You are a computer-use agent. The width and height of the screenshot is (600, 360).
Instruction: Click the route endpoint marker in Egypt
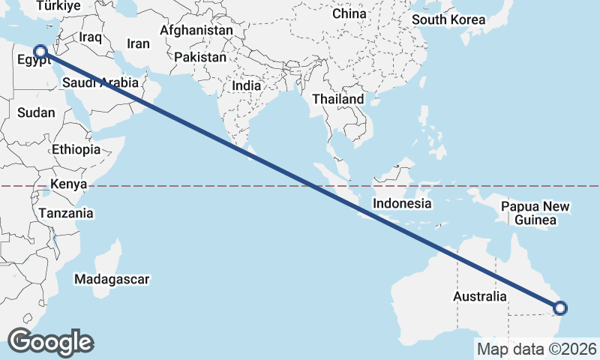[40, 52]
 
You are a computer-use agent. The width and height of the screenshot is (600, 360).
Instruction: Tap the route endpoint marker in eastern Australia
[560, 307]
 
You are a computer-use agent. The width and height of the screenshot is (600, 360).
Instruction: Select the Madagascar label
[112, 279]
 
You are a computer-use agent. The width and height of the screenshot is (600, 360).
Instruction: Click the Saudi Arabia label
[100, 82]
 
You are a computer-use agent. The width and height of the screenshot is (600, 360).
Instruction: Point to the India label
[247, 85]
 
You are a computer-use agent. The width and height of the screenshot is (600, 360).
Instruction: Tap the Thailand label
[338, 99]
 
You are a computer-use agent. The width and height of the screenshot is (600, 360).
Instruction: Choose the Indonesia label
[402, 203]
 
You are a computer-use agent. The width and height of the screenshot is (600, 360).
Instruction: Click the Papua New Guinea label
[536, 213]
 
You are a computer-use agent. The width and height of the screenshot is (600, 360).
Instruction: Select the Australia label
[480, 296]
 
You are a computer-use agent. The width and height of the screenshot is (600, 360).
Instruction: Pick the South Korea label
[449, 19]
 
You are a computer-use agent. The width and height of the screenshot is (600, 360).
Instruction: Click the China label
[349, 13]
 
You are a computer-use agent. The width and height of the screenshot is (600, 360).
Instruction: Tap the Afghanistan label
[196, 31]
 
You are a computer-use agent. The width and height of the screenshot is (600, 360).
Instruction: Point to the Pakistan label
[200, 57]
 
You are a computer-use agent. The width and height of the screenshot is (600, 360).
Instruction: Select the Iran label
[139, 43]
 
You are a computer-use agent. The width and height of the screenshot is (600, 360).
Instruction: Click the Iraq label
[90, 37]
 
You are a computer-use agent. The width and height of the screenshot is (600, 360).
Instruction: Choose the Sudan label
[36, 112]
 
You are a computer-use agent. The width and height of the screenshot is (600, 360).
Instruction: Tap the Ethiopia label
[76, 149]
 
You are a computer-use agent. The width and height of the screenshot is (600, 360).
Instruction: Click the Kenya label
[69, 184]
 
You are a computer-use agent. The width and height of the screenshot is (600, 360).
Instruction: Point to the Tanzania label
[66, 213]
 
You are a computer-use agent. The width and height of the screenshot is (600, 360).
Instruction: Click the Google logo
[50, 341]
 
